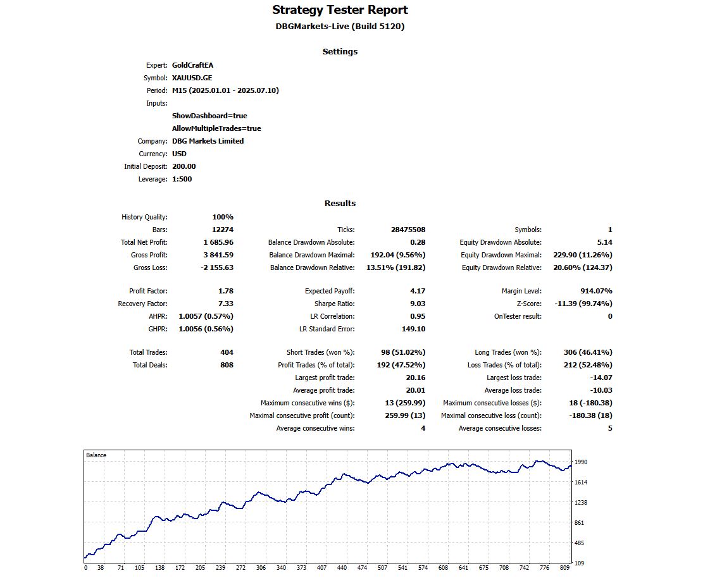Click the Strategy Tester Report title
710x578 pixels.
340,10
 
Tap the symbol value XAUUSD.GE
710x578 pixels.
192,78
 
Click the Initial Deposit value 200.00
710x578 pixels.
184,166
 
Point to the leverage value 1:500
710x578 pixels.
182,179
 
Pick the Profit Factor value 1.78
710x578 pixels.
225,291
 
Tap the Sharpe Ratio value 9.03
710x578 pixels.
418,304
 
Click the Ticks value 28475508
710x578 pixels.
408,230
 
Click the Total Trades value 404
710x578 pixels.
227,352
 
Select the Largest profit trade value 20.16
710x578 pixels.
416,378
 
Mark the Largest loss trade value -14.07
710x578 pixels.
600,378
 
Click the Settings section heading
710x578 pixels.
340,52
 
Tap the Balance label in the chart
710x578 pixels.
96,455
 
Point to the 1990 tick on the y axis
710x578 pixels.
581,462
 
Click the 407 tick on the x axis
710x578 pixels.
321,568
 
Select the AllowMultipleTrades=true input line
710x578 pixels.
216,128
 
